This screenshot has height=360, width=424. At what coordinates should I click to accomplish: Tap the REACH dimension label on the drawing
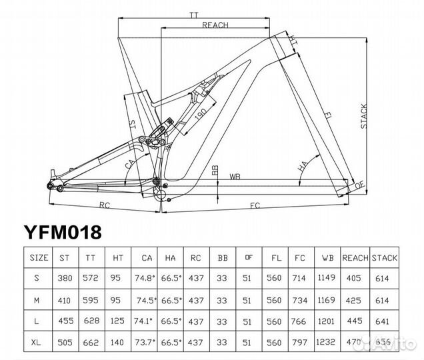point(215,25)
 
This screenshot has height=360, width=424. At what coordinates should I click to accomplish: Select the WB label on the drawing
point(235,177)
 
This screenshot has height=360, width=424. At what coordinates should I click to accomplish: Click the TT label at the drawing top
point(195,13)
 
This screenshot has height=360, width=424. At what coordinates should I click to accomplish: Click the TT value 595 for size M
point(90,299)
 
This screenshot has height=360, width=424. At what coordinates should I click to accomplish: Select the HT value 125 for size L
point(116,321)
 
